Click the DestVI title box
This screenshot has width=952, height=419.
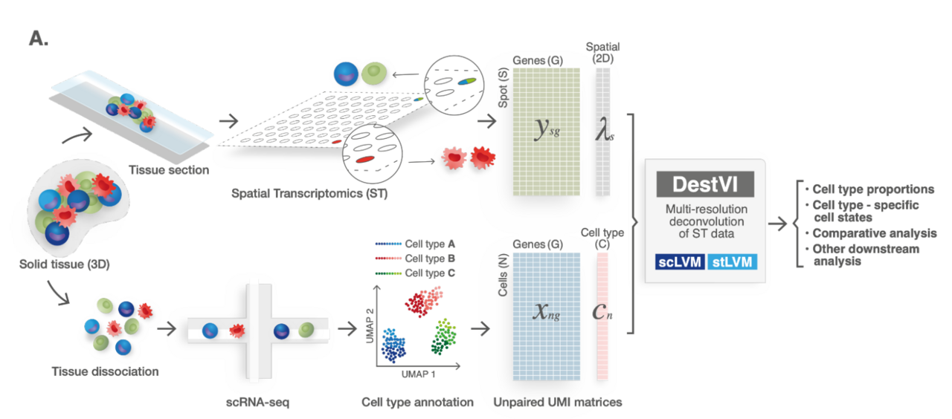pyautogui.click(x=705, y=184)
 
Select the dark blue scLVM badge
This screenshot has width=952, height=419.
pyautogui.click(x=679, y=261)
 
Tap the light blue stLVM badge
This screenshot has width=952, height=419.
pyautogui.click(x=733, y=261)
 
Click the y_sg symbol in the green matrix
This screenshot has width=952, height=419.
pyautogui.click(x=547, y=129)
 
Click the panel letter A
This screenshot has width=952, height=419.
pyautogui.click(x=38, y=39)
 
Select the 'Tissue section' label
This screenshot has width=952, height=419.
pyautogui.click(x=169, y=169)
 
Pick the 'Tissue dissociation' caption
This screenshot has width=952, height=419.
pyautogui.click(x=105, y=371)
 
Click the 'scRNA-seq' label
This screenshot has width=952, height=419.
pyautogui.click(x=257, y=402)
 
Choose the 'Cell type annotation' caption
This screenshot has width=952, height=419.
pyautogui.click(x=417, y=402)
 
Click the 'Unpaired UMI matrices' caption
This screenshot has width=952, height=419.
pyautogui.click(x=558, y=402)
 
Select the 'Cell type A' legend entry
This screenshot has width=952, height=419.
pyautogui.click(x=430, y=243)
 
